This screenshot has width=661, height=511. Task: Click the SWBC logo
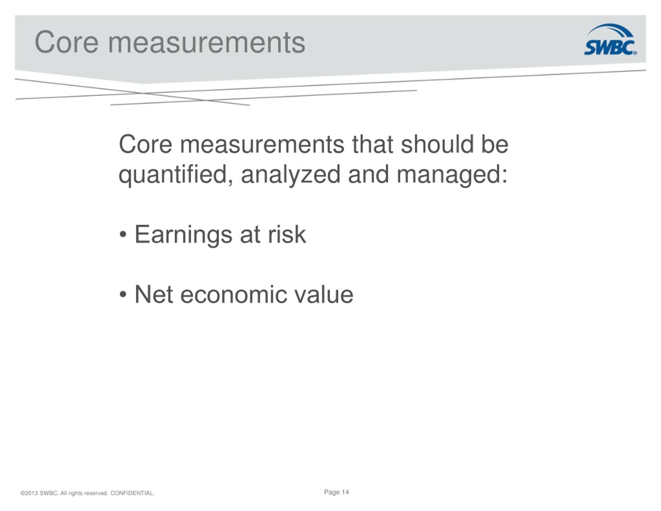click(x=610, y=40)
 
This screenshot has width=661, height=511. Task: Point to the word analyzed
click(x=291, y=175)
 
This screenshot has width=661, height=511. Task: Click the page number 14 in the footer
click(x=345, y=492)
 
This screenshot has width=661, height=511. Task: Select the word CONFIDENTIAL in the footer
click(x=132, y=493)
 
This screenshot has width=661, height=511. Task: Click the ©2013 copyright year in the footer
click(x=29, y=493)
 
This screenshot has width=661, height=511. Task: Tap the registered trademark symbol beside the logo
click(x=635, y=53)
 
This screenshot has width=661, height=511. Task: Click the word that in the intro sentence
click(x=373, y=144)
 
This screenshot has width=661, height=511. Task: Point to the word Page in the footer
click(x=332, y=492)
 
